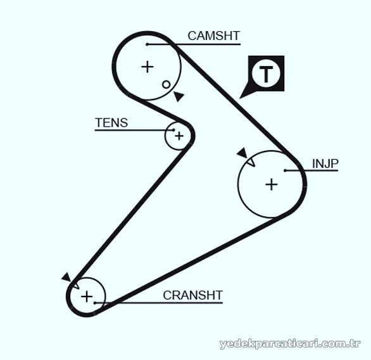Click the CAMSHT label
pos(213,35)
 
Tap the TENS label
pos(111,123)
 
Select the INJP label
pos(325,164)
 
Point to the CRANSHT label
pos(193,295)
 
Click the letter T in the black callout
pos(266,74)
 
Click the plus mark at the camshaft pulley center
pos(148,67)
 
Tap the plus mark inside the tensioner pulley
pos(179,136)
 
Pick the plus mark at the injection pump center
pos(272,184)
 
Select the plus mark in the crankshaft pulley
pos(87,297)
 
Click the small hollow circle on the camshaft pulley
pos(166,84)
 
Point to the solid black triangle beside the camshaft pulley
pos(179,96)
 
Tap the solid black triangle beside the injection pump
pos(242,153)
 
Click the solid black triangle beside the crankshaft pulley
pos(66,278)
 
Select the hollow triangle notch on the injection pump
pos(251,162)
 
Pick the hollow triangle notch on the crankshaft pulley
pos(75,285)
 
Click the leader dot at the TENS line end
pos(173,130)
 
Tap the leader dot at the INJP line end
pos(285,170)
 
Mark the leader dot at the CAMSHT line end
pos(147,44)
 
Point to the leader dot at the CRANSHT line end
pos(94,303)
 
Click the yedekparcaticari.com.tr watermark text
pos(290,344)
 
